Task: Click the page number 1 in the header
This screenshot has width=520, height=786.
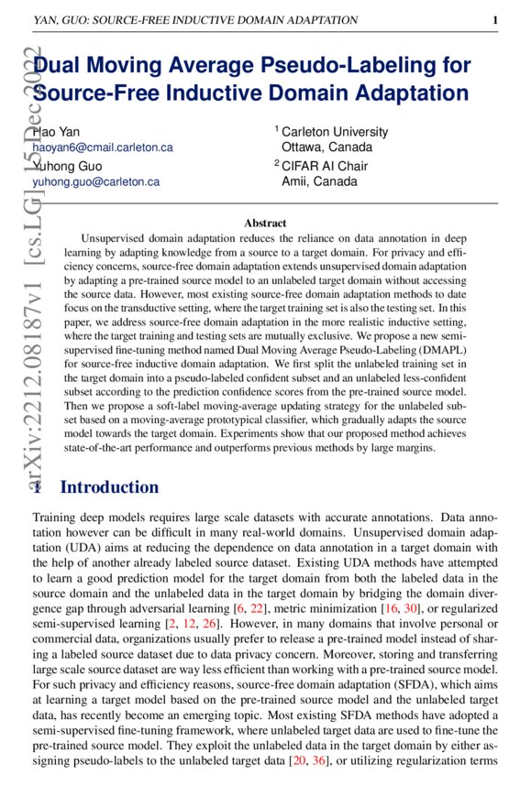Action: tap(494, 19)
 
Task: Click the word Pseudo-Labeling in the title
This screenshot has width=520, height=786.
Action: tap(366, 66)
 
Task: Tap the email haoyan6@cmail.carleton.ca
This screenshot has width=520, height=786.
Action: tap(102, 147)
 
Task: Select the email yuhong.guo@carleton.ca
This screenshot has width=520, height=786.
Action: tap(95, 181)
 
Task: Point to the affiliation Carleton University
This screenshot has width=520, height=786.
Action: tap(335, 132)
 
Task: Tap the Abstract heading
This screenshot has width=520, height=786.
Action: tap(265, 223)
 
